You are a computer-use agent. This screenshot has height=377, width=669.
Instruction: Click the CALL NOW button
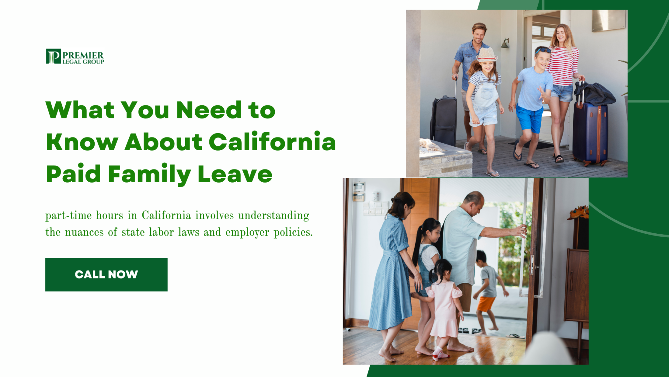(106, 275)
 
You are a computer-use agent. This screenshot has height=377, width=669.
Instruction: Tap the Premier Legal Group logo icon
(53, 56)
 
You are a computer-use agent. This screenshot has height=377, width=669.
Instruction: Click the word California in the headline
(272, 142)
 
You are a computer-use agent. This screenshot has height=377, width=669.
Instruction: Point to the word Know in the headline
(82, 142)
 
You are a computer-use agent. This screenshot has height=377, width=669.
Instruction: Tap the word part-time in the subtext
(68, 216)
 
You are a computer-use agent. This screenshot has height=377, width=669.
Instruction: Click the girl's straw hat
(486, 55)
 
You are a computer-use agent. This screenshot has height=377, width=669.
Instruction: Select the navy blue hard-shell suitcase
(590, 133)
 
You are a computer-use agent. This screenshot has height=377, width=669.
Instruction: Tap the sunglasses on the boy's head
(543, 50)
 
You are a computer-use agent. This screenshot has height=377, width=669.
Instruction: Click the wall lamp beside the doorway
(505, 43)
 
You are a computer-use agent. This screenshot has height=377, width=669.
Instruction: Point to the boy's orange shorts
(486, 303)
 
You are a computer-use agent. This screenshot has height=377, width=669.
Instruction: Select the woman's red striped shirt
(563, 66)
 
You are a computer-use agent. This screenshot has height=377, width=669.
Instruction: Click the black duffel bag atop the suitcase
(595, 94)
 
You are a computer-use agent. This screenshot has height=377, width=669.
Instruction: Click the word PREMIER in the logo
(83, 55)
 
